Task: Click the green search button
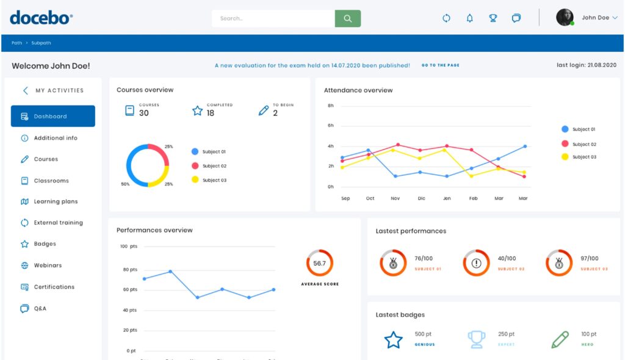point(347,18)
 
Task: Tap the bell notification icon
point(469,18)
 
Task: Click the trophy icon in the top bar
point(493,18)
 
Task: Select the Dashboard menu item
point(52,116)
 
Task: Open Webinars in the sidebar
point(48,265)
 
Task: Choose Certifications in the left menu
point(54,287)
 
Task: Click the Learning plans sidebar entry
point(56,201)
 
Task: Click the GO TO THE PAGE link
point(440,65)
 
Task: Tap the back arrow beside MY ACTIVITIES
point(25,90)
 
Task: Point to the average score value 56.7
point(319,264)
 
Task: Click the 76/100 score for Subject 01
point(424,259)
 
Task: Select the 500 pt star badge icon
point(393,340)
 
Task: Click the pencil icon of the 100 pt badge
point(559,340)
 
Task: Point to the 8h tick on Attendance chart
point(330,106)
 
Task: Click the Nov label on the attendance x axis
point(395,198)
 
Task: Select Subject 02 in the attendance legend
point(583,144)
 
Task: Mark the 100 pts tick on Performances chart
point(128,247)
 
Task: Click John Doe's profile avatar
point(565,18)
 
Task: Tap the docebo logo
point(41,18)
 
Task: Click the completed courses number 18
point(210,113)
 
